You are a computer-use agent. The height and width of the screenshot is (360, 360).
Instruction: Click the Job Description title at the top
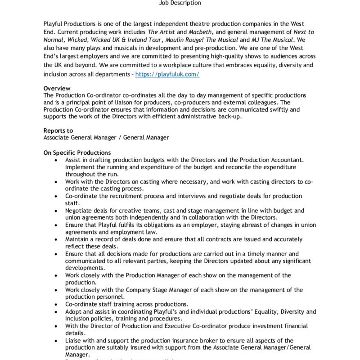point(180,3)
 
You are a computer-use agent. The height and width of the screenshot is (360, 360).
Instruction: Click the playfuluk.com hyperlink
point(167,74)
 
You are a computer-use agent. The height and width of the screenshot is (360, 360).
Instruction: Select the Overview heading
point(57,89)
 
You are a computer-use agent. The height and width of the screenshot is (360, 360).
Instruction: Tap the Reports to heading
point(58,130)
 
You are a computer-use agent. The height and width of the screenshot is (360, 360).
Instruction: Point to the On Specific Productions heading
point(77,153)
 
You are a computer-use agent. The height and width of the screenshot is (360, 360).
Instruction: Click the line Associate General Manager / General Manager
point(106,137)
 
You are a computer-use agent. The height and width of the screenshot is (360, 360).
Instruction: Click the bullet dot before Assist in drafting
point(55,160)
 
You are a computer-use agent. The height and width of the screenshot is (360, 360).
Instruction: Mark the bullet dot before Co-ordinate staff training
point(55,304)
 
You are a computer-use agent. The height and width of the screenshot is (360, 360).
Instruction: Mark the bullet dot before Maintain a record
point(55,239)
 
